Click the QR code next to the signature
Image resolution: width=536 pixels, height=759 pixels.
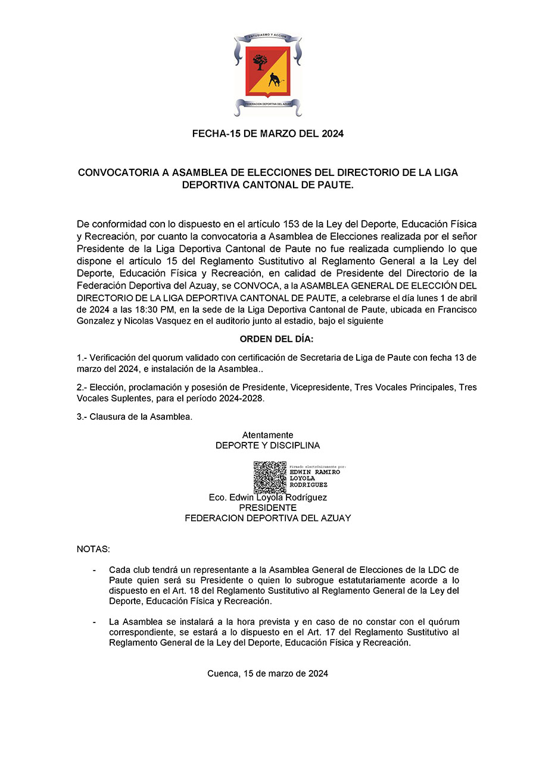[270, 477]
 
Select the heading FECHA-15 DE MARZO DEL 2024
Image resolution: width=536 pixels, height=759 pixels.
[268, 134]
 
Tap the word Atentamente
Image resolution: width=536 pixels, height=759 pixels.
[267, 435]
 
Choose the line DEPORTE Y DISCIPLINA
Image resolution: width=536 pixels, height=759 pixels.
[267, 445]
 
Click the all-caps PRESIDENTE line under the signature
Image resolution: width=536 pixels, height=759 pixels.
[267, 508]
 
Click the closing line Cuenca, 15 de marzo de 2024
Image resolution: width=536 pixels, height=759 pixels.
[268, 674]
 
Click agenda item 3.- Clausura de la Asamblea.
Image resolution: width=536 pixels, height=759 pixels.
[135, 417]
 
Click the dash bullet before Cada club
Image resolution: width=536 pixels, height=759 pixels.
[94, 571]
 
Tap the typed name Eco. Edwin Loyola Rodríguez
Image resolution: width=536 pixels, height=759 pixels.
[267, 497]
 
